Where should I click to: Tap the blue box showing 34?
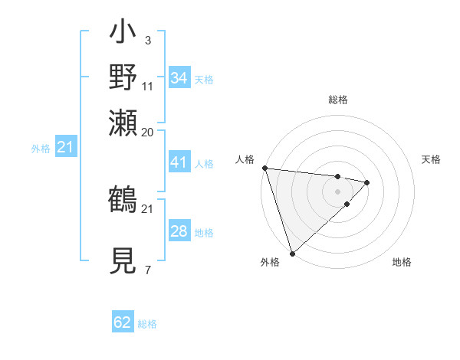click(179, 78)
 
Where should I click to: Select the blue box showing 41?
click(179, 162)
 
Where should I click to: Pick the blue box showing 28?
click(179, 231)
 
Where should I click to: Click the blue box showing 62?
click(123, 322)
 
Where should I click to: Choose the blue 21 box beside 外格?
click(64, 148)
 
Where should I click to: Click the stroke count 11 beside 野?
click(148, 85)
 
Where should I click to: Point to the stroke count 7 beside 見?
click(147, 269)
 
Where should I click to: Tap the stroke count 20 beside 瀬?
click(148, 132)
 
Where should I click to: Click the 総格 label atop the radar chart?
click(338, 100)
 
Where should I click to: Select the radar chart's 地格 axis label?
click(402, 263)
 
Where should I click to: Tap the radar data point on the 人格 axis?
click(264, 168)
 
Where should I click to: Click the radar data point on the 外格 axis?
click(292, 253)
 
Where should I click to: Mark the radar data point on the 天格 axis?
click(367, 182)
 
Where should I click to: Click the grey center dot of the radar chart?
click(338, 191)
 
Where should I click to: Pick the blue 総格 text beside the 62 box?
click(147, 324)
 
